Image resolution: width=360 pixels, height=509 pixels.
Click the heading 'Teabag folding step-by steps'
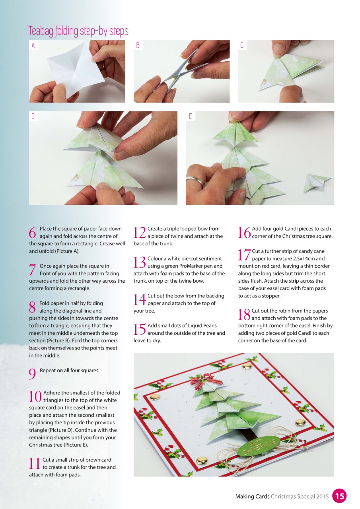click(x=78, y=31)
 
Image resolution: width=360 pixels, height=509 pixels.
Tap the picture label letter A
click(x=33, y=46)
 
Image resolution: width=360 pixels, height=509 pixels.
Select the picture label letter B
click(x=138, y=46)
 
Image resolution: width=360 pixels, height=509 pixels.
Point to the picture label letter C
click(x=242, y=46)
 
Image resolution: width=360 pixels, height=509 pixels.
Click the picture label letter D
click(x=33, y=117)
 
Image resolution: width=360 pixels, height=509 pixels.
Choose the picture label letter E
click(x=191, y=117)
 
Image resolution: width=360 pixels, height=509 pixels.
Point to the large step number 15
click(x=140, y=329)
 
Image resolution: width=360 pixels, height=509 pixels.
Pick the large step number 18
click(x=244, y=315)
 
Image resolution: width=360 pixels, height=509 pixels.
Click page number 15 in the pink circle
click(x=339, y=496)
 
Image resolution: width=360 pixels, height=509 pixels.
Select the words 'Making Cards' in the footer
click(x=252, y=496)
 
